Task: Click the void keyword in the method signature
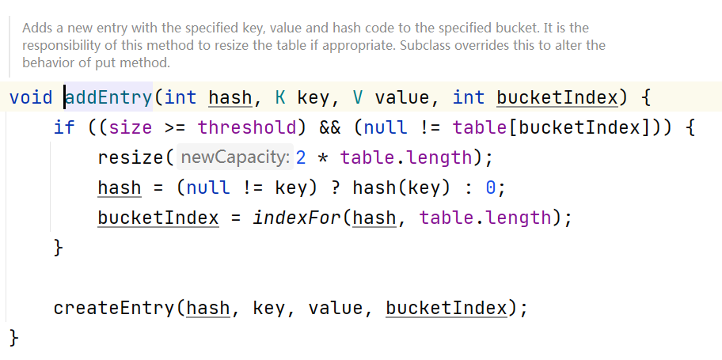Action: click(30, 98)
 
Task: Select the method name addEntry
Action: click(108, 98)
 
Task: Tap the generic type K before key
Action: click(280, 98)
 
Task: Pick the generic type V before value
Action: click(358, 98)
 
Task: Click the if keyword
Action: click(64, 127)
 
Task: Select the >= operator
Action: click(175, 127)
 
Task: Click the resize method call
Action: click(130, 157)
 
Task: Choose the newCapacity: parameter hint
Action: click(235, 157)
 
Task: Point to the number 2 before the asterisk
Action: click(301, 157)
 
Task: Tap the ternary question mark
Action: click(337, 188)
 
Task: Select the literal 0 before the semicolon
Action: click(491, 188)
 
